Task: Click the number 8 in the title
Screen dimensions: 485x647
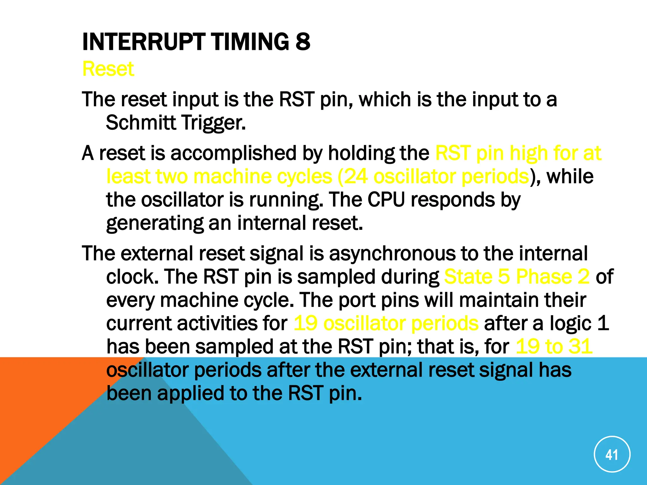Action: [303, 42]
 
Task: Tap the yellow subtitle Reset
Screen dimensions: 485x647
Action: [108, 69]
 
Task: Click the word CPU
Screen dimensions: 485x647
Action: [386, 200]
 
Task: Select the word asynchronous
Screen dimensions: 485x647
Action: [392, 254]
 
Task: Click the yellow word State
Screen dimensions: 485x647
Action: [468, 277]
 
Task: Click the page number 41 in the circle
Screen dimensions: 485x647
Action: [612, 455]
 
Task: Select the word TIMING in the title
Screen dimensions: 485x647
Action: [250, 42]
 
